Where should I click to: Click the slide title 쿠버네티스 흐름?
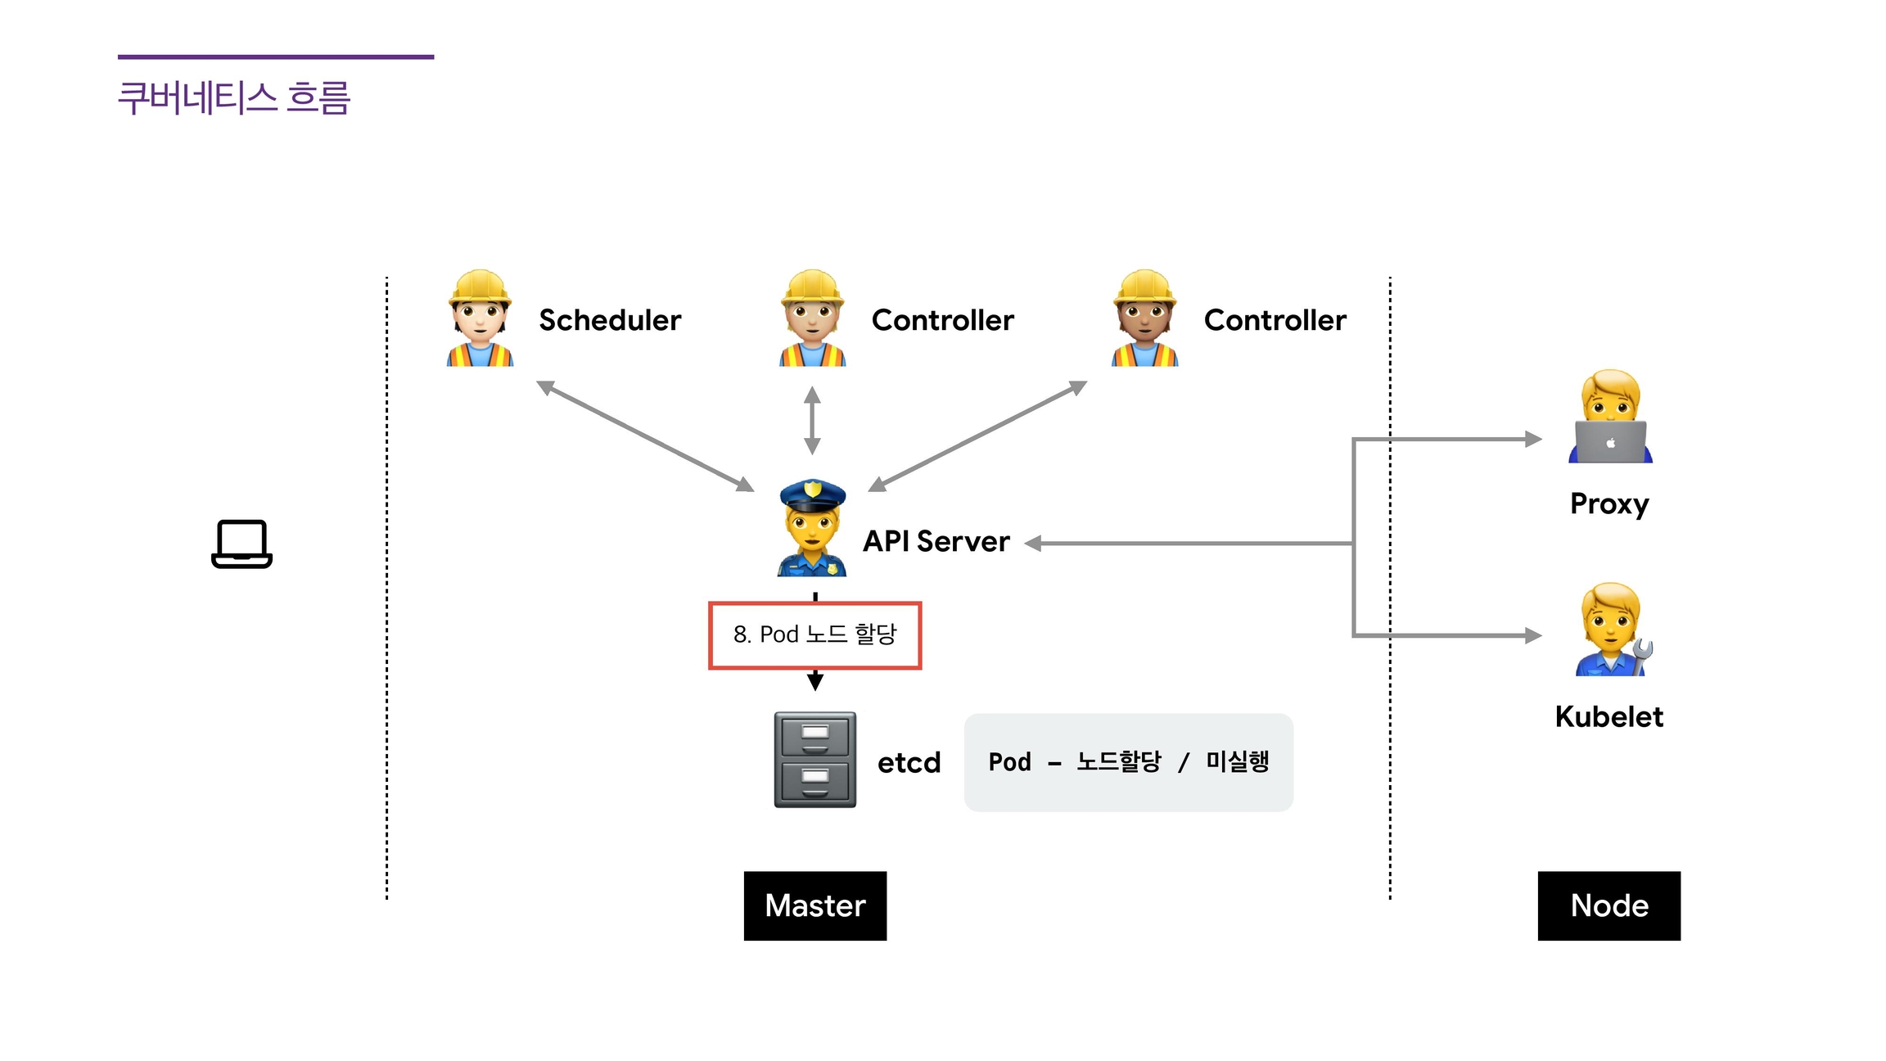234,98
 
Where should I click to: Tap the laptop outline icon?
241,544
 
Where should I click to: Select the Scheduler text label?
610,320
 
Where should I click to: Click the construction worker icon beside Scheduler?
481,318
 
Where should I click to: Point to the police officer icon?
812,528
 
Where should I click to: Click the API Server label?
936,541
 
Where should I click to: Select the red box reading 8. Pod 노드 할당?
814,635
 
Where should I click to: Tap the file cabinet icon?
815,760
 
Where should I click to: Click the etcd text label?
909,762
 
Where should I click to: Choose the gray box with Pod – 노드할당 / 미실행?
1128,762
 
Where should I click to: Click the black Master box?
814,905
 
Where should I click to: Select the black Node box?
1609,905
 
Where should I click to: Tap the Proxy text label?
1609,503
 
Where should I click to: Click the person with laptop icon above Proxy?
1610,418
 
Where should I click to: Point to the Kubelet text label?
1609,716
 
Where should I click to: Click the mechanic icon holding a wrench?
1612,630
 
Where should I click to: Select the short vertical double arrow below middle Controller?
812,421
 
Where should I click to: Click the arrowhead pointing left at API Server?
1033,543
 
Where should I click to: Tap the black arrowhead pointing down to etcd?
815,681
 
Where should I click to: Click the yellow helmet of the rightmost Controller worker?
1144,287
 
